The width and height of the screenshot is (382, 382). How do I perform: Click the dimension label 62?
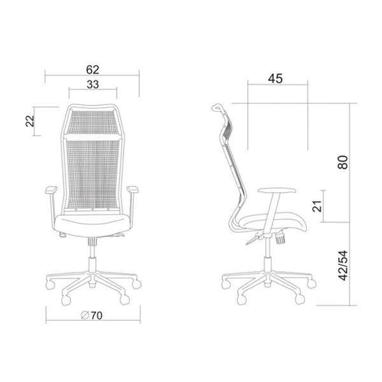93,70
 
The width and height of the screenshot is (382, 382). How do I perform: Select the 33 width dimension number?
93,85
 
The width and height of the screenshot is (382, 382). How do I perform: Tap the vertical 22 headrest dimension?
30,121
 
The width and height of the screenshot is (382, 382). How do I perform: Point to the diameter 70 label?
92,316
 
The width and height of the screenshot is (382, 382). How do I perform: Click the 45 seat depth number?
275,78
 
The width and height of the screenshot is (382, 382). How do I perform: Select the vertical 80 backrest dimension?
343,162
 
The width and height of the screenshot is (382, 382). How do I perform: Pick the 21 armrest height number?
317,206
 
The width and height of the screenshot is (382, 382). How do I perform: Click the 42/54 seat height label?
344,265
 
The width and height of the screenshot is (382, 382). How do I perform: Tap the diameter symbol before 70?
85,316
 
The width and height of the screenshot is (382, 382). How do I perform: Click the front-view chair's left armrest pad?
52,190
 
